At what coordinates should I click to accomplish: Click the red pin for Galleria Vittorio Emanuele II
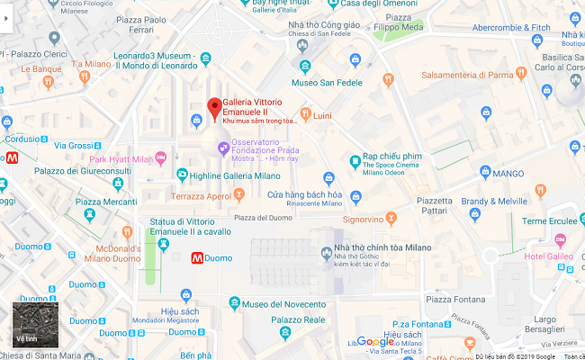[x=214, y=108]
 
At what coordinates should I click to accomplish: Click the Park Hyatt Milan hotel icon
[x=163, y=158]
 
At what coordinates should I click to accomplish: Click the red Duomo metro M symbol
[x=197, y=258]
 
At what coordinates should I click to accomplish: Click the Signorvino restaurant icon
[x=392, y=218]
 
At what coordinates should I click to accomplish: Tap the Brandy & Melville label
[x=494, y=201]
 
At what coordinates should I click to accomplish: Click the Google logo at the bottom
[x=375, y=342]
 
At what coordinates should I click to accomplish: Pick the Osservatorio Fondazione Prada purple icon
[x=221, y=147]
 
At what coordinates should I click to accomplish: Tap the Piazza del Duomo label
[x=265, y=217]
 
